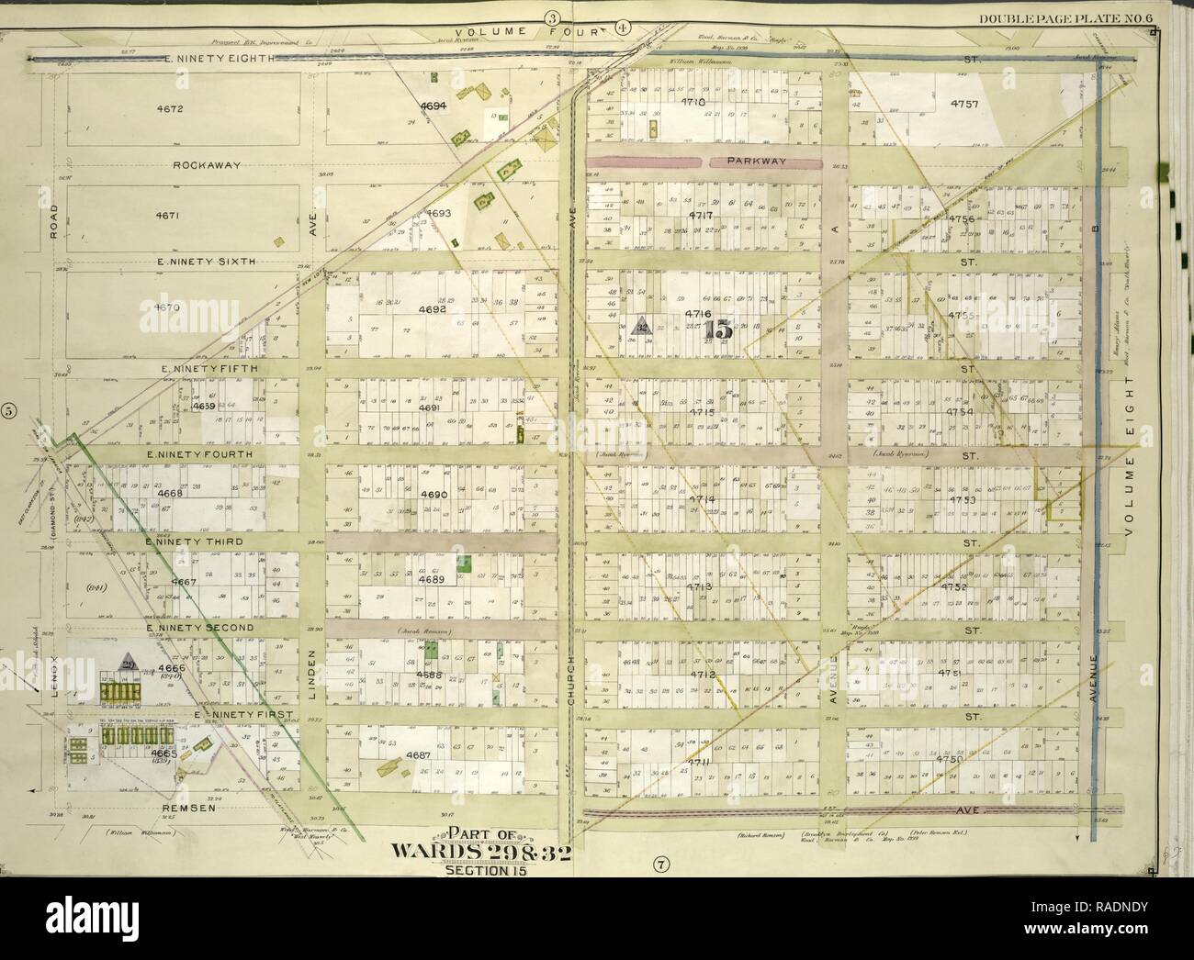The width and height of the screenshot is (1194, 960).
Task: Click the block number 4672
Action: [171, 108]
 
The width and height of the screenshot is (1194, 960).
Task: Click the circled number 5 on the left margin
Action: [9, 410]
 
